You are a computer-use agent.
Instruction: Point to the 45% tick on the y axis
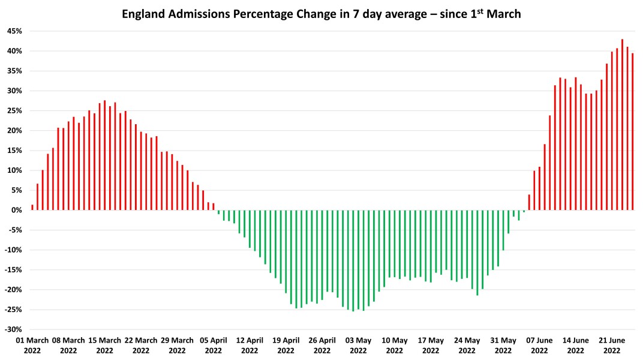click(x=14, y=31)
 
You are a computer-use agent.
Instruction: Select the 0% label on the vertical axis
click(x=16, y=210)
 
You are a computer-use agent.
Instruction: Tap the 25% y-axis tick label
click(x=14, y=110)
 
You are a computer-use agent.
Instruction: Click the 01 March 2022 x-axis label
click(x=32, y=345)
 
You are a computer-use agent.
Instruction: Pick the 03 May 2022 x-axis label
click(x=358, y=345)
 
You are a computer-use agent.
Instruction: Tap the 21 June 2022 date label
click(x=612, y=345)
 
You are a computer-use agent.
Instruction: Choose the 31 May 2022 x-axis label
click(x=503, y=345)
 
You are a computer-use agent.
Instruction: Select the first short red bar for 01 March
click(x=32, y=208)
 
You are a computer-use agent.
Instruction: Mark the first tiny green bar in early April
click(x=218, y=212)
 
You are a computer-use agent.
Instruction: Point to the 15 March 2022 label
click(x=104, y=345)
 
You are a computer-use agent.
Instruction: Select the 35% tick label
click(x=14, y=71)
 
